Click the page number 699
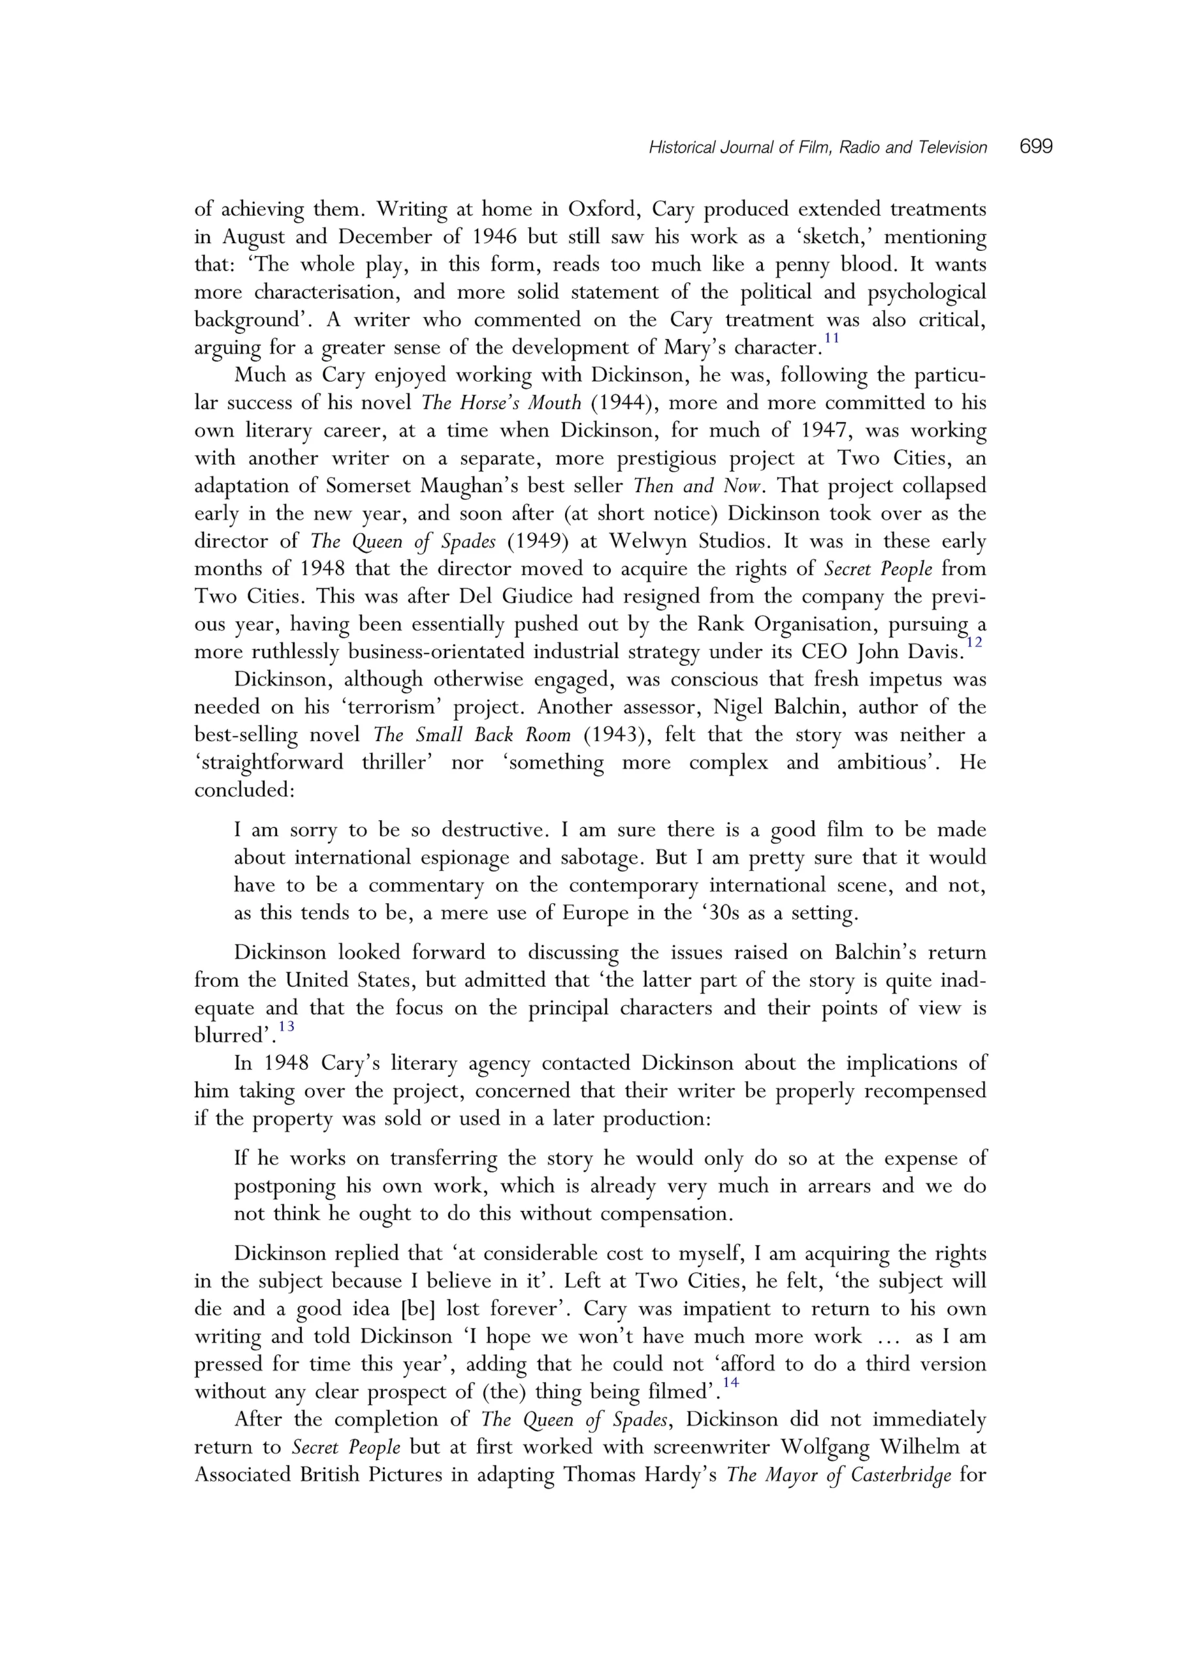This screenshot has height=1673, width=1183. [x=1036, y=147]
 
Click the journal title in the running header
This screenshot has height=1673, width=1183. [x=817, y=148]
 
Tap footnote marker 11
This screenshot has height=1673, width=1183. [x=831, y=338]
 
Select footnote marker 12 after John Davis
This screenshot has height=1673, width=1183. [x=974, y=642]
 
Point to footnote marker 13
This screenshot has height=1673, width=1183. [x=286, y=1027]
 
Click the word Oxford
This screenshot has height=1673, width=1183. [x=602, y=210]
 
